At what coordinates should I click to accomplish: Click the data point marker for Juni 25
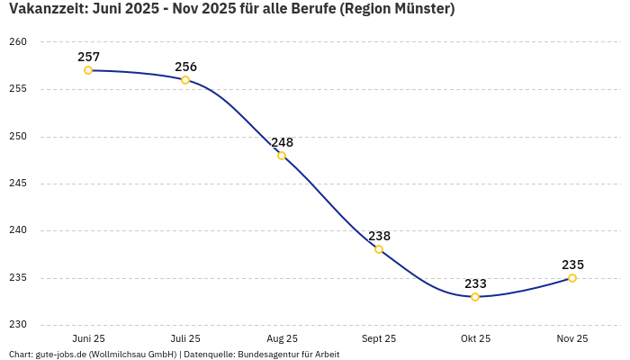click(88, 70)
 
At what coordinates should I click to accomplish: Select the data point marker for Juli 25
click(185, 80)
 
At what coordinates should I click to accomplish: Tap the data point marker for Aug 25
click(282, 156)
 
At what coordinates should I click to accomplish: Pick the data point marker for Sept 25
click(379, 249)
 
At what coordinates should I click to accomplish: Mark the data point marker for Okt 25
click(475, 297)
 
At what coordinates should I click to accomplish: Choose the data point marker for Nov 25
click(572, 278)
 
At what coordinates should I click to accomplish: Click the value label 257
click(88, 57)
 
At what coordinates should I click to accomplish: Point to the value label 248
click(282, 142)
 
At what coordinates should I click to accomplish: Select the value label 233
click(475, 283)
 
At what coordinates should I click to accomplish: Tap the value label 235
click(572, 265)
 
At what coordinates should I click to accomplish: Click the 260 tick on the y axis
click(19, 42)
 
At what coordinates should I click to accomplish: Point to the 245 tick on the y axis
click(19, 184)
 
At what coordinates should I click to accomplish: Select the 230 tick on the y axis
click(19, 325)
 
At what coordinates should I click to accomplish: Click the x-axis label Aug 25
click(282, 338)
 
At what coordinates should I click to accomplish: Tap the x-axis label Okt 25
click(475, 338)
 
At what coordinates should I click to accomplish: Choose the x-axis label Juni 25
click(88, 338)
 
